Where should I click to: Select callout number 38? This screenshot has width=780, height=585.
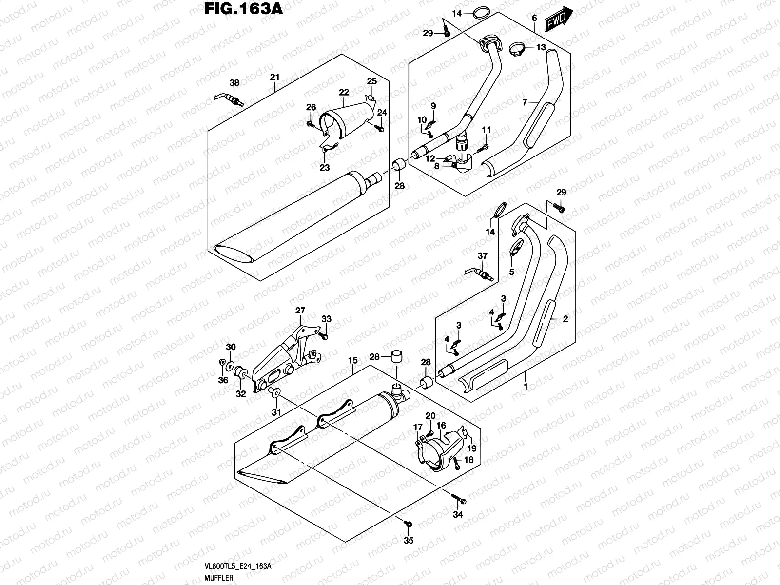[234, 83]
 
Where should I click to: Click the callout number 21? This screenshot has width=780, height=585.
[274, 77]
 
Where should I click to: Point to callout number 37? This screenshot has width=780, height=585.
[482, 256]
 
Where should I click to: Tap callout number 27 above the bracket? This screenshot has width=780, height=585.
[300, 311]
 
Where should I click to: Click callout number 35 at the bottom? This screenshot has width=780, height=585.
[409, 540]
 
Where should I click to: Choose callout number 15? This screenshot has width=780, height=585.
[353, 361]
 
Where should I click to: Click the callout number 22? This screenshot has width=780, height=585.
[344, 92]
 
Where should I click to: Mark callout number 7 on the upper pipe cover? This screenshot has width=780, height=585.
[525, 103]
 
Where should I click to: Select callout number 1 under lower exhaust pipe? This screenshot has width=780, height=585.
[526, 386]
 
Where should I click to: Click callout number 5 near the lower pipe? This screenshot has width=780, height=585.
[511, 272]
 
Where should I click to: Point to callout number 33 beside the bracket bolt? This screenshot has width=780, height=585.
[326, 319]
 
